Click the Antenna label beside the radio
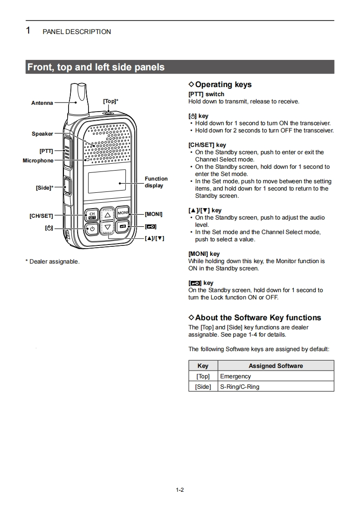[x=42, y=103]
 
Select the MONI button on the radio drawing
[x=123, y=213]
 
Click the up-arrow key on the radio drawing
[x=108, y=215]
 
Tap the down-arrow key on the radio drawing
[x=108, y=227]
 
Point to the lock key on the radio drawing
[x=123, y=226]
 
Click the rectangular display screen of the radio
[x=107, y=182]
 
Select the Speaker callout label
[x=42, y=134]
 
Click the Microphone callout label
[x=38, y=161]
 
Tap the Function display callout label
[x=156, y=182]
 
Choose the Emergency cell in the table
[x=235, y=376]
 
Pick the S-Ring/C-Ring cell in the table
[x=240, y=387]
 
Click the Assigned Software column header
[x=276, y=366]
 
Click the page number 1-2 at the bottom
[x=180, y=490]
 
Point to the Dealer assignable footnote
[x=52, y=261]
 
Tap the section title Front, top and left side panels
[x=96, y=67]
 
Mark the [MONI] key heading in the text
[x=204, y=254]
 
